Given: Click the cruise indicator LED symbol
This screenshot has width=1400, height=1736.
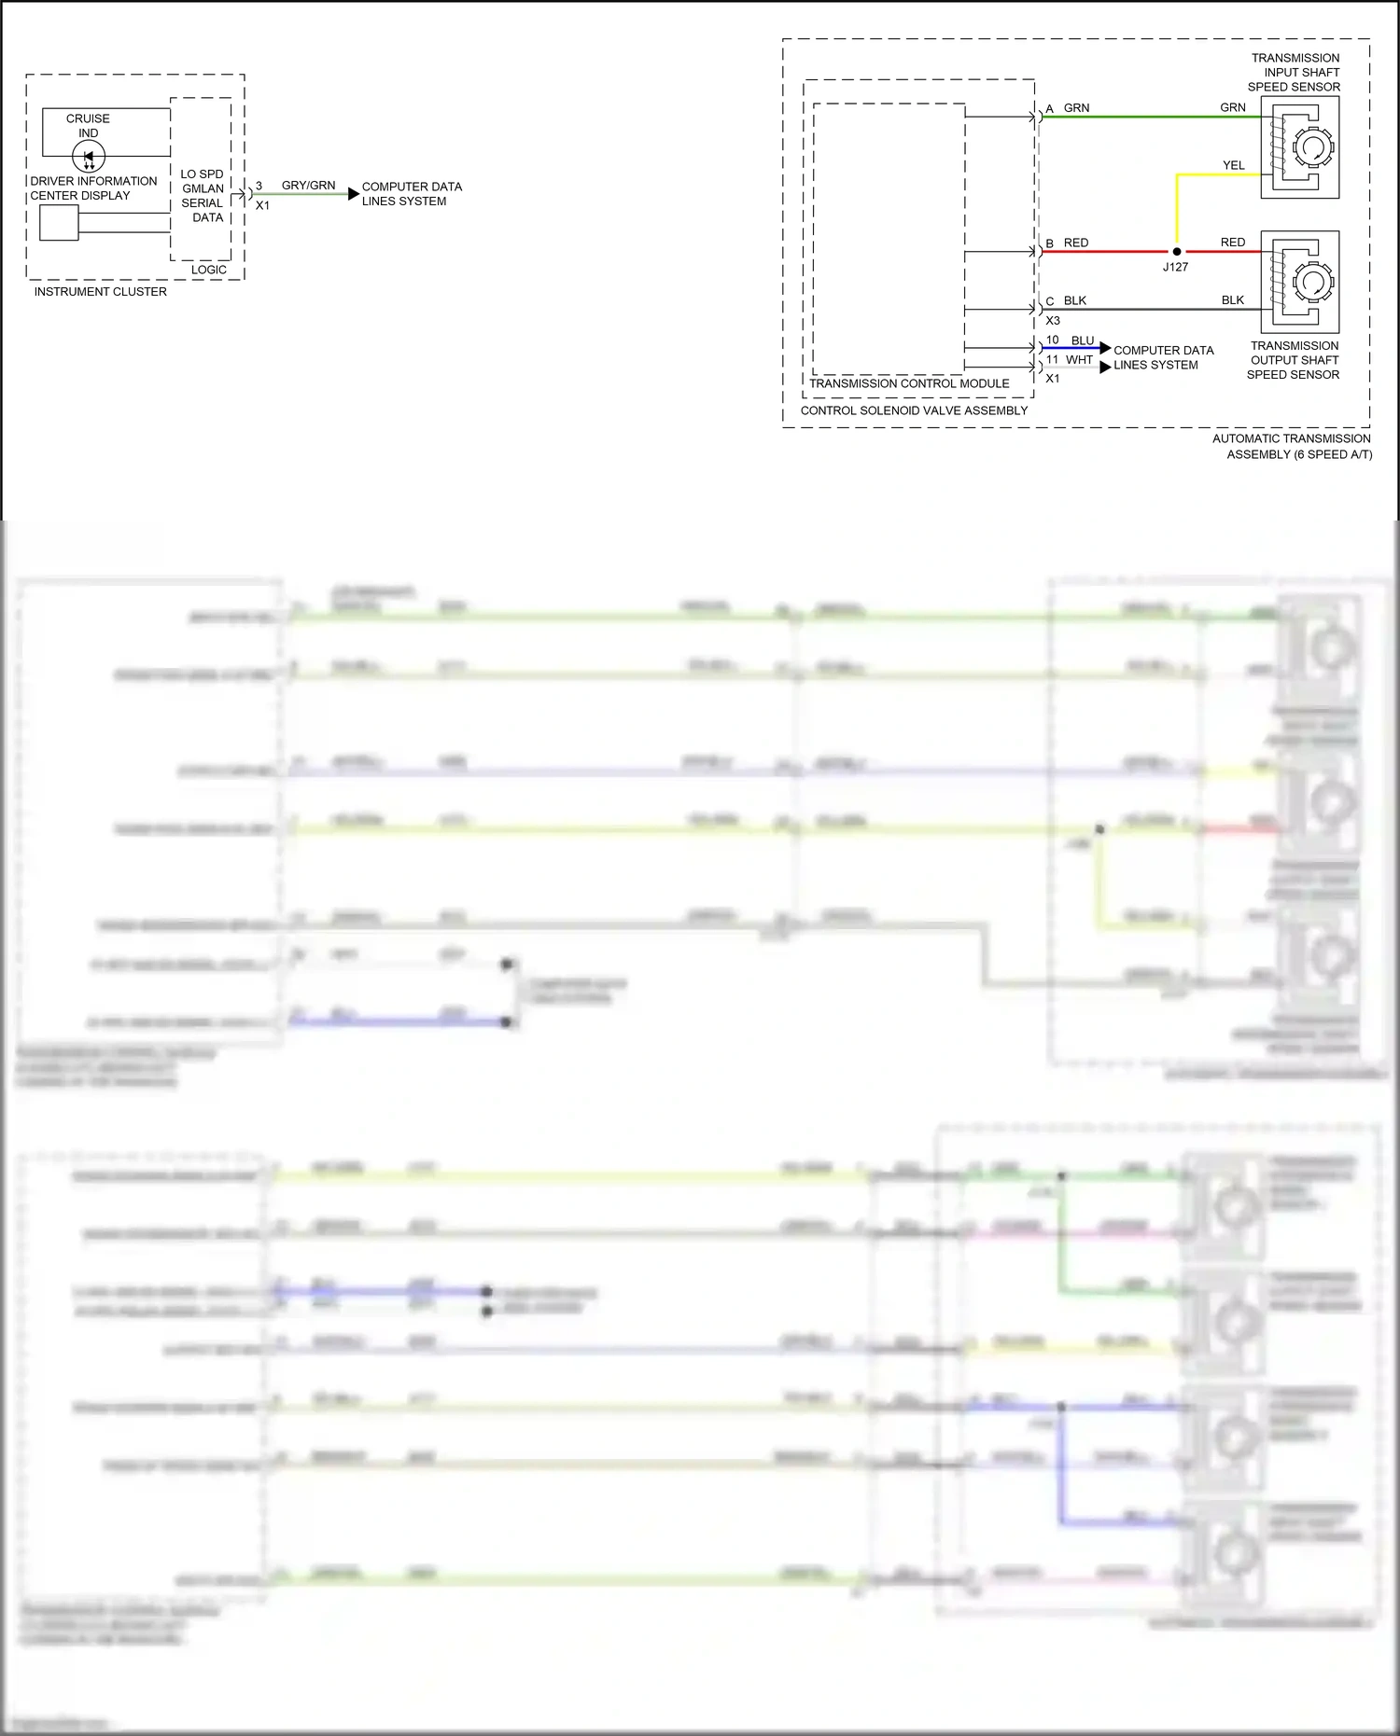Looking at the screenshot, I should pyautogui.click(x=89, y=157).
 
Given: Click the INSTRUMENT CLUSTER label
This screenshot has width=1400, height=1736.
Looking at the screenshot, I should pyautogui.click(x=100, y=292).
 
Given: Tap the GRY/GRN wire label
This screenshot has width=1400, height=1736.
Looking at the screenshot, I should pyautogui.click(x=308, y=186).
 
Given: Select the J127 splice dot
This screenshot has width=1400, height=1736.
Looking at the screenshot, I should pyautogui.click(x=1176, y=252).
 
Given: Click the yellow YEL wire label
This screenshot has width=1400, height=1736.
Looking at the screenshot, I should pyautogui.click(x=1233, y=165).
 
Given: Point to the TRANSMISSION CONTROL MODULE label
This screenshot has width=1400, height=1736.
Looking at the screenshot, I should pyautogui.click(x=909, y=383).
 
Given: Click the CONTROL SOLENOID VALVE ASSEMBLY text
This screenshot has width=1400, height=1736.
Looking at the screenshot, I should pyautogui.click(x=914, y=410).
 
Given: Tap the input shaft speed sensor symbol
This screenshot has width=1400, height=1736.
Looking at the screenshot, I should pyautogui.click(x=1301, y=147).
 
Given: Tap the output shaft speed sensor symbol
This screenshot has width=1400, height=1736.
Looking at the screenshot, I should pyautogui.click(x=1301, y=282).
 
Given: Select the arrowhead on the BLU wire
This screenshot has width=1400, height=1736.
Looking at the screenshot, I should pyautogui.click(x=1105, y=348).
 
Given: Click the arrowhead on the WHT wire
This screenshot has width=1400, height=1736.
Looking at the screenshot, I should pyautogui.click(x=1105, y=367).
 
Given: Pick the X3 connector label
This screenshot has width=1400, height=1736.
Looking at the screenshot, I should pyautogui.click(x=1053, y=320).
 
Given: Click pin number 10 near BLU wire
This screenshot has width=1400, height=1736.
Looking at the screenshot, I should pyautogui.click(x=1052, y=340).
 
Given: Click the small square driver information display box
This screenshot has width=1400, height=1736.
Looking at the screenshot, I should pyautogui.click(x=59, y=223).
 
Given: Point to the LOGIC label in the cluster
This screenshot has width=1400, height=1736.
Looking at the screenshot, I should pyautogui.click(x=208, y=270).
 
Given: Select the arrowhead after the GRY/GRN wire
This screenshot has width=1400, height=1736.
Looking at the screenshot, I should pyautogui.click(x=353, y=194).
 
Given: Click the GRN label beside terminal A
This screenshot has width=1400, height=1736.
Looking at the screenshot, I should pyautogui.click(x=1076, y=108).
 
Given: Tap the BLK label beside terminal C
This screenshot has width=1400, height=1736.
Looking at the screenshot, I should pyautogui.click(x=1074, y=300).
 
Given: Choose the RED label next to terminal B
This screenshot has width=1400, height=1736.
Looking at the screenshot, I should pyautogui.click(x=1075, y=243).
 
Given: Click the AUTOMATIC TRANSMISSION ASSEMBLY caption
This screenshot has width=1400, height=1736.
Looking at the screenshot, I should pyautogui.click(x=1293, y=446).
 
